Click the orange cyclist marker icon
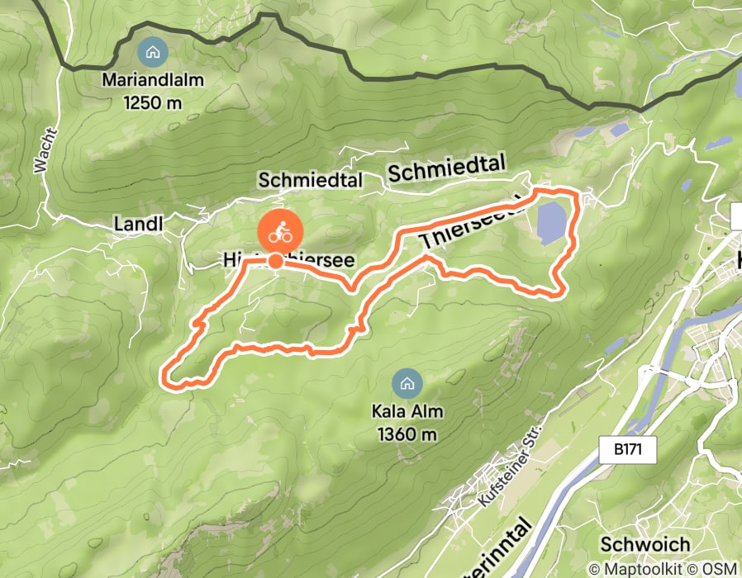pyautogui.click(x=281, y=232)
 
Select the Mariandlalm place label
pyautogui.click(x=153, y=82)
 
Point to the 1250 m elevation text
pyautogui.click(x=153, y=103)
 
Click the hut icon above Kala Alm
pyautogui.click(x=406, y=383)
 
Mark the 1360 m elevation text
pyautogui.click(x=407, y=433)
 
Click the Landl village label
pyautogui.click(x=138, y=224)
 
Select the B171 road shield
pyautogui.click(x=627, y=450)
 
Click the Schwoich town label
pyautogui.click(x=634, y=545)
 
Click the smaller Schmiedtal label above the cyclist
pyautogui.click(x=310, y=180)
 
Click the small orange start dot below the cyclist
pyautogui.click(x=274, y=262)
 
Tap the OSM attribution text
pyautogui.click(x=720, y=569)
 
